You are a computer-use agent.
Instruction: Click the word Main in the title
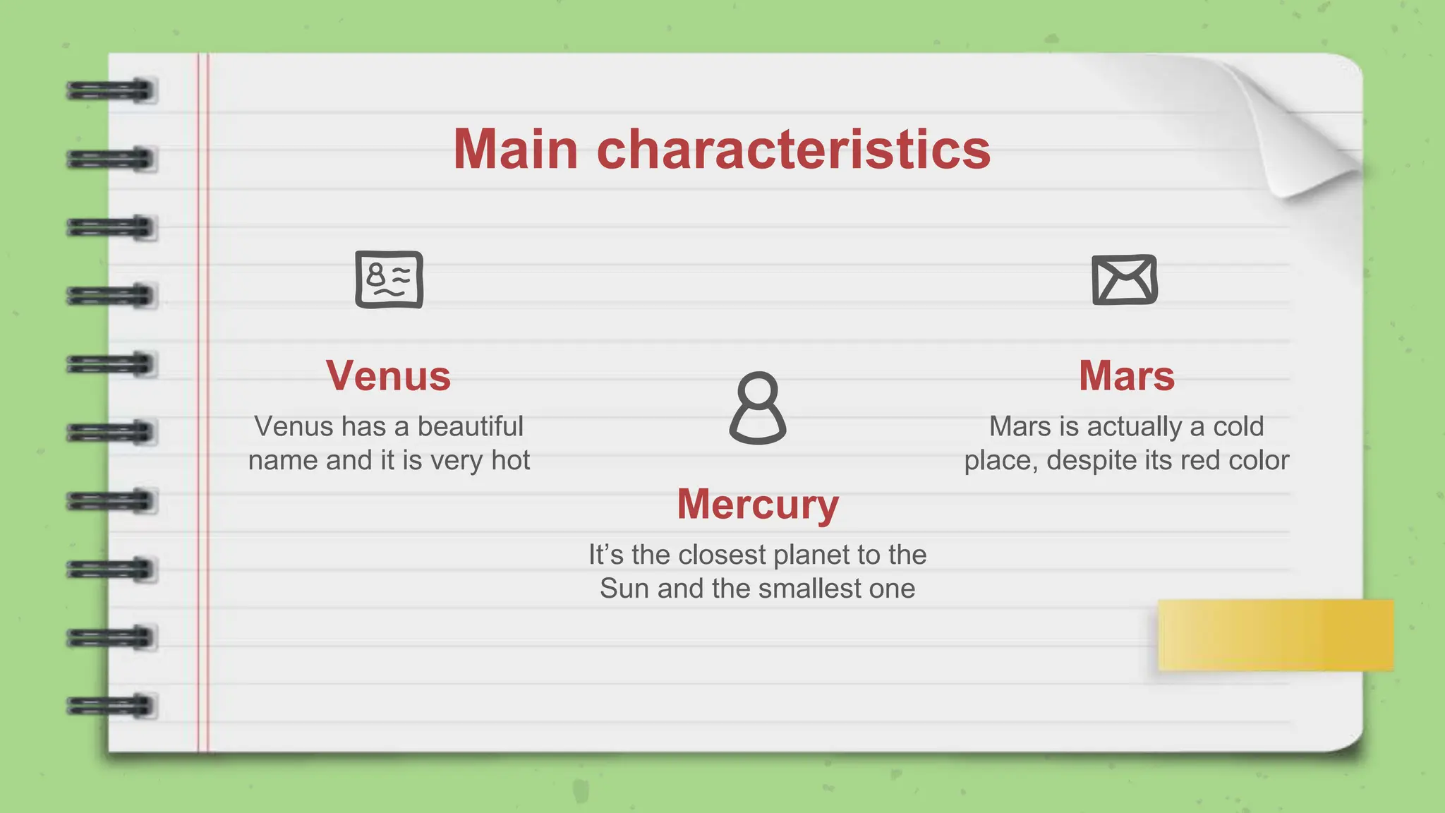(516, 150)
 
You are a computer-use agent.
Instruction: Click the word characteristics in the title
(794, 150)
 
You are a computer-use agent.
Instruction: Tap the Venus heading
(388, 375)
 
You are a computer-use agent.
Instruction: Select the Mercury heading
(758, 504)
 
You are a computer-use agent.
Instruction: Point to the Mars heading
(1127, 375)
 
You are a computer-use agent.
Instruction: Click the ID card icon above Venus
(389, 279)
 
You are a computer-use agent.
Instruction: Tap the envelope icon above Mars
(1125, 279)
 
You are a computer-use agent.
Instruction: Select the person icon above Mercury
(758, 408)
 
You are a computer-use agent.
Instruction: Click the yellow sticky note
(1276, 635)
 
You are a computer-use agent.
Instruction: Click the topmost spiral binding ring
(111, 91)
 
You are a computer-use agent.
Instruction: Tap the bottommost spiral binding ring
(111, 706)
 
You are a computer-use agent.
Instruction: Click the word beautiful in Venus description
(470, 426)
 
